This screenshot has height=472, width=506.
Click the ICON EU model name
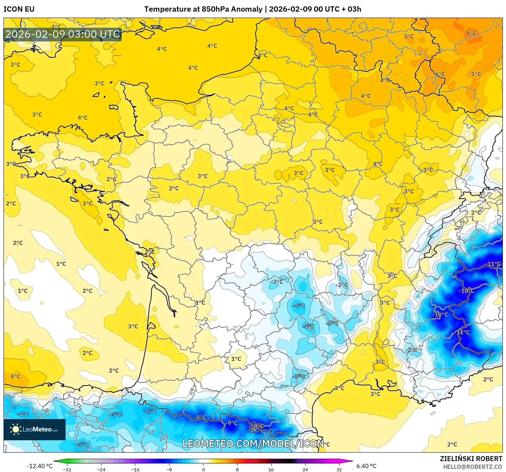19,9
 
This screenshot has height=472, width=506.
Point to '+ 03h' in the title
352,9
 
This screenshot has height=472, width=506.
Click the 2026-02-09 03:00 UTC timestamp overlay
63,34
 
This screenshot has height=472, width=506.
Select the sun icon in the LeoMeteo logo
15,429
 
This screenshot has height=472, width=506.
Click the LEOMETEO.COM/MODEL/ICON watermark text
253,443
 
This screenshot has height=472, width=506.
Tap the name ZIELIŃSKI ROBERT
471,459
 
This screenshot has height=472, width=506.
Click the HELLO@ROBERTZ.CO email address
473,467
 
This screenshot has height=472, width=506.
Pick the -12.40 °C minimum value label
39,466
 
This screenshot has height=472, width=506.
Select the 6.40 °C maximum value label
366,466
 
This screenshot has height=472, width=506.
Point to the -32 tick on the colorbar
67,469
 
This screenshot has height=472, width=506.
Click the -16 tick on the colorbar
135,469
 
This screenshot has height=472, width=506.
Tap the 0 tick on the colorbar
203,469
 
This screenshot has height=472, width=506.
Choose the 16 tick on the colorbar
271,469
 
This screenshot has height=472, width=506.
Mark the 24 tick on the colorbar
305,469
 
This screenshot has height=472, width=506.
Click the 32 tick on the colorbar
339,469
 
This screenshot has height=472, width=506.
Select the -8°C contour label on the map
200,417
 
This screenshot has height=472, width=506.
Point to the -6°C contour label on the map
150,411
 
